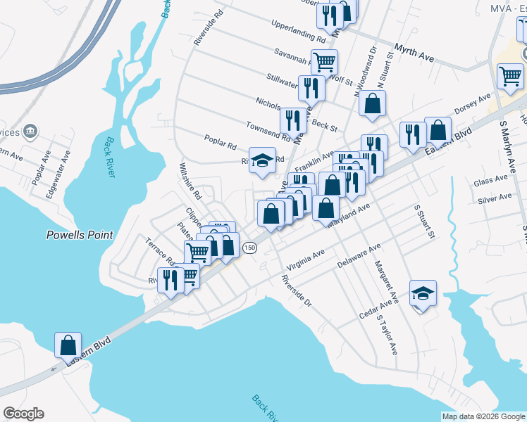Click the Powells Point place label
(x=79, y=235)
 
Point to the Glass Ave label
(x=491, y=181)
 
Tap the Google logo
(x=23, y=414)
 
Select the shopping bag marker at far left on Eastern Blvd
(x=68, y=345)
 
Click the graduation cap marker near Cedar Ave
(x=423, y=293)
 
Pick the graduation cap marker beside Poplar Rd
(x=263, y=160)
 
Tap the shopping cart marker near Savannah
(x=324, y=62)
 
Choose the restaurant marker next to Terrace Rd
(x=169, y=280)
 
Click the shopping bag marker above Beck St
(x=372, y=103)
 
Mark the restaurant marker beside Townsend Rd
(x=293, y=121)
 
